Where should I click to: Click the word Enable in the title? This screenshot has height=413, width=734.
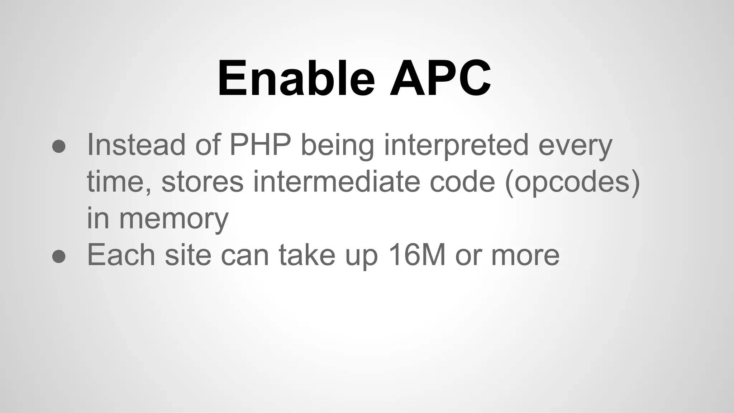[x=296, y=79]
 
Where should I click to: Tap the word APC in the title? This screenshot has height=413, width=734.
[x=440, y=79]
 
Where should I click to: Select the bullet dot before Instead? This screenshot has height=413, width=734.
[x=59, y=146]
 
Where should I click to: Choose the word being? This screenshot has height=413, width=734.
[x=337, y=146]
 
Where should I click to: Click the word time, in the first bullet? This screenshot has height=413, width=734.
[x=119, y=182]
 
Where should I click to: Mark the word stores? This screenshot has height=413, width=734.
[x=202, y=182]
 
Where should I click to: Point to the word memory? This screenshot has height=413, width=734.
[x=173, y=220]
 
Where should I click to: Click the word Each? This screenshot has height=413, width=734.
[x=121, y=255]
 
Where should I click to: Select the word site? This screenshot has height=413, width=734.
[x=188, y=255]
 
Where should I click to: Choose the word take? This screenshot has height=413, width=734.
[x=307, y=255]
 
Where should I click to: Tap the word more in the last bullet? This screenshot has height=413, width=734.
[x=525, y=256]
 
